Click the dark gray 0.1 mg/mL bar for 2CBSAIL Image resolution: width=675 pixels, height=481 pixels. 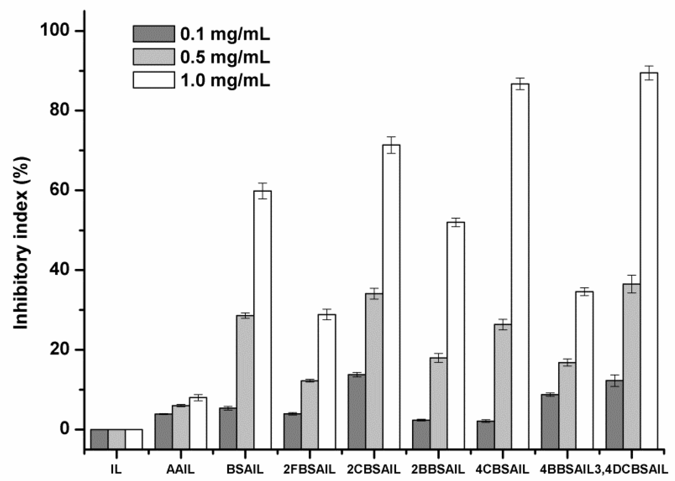(357, 402)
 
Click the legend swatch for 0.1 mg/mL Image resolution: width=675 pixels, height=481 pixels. (154, 34)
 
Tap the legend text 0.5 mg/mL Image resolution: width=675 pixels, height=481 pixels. (225, 58)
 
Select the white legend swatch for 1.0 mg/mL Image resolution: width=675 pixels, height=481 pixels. (154, 80)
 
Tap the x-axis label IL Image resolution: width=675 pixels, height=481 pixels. (116, 470)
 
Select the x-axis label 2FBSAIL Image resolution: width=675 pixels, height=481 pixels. (309, 470)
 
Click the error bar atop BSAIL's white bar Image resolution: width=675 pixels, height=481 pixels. (262, 191)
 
